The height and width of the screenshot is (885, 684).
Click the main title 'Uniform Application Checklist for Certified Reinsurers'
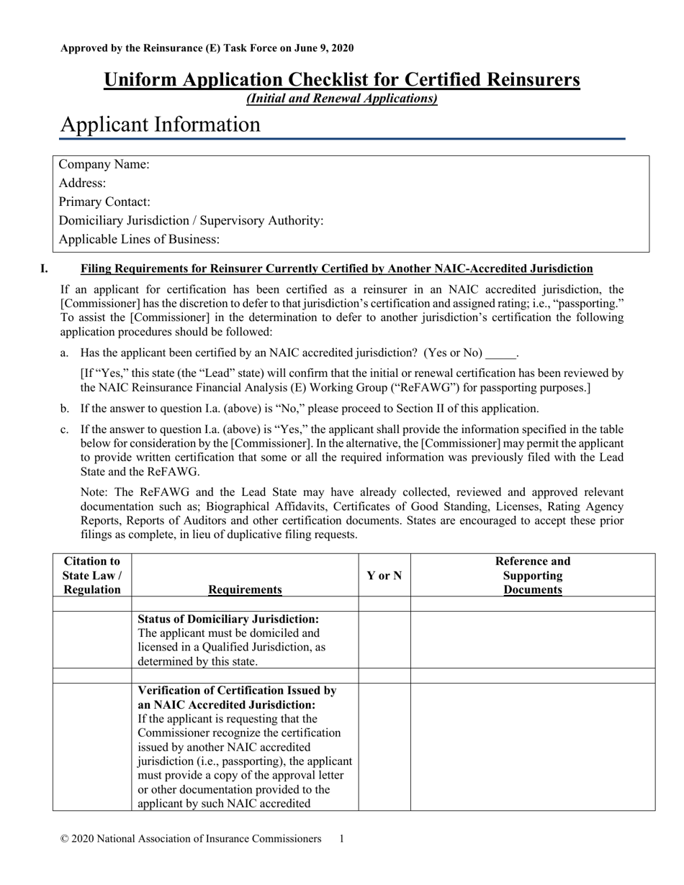pyautogui.click(x=341, y=79)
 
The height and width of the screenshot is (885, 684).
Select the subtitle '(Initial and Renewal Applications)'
pyautogui.click(x=341, y=99)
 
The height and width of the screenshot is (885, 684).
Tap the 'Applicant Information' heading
pyautogui.click(x=160, y=124)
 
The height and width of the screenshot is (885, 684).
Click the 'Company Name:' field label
pyautogui.click(x=104, y=165)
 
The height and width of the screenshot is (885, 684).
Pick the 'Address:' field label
pyautogui.click(x=82, y=183)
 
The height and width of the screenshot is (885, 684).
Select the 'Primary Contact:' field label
pyautogui.click(x=104, y=202)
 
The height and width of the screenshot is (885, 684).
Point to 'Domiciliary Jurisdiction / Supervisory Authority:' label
pyautogui.click(x=191, y=221)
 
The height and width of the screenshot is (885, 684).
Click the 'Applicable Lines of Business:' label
pyautogui.click(x=139, y=240)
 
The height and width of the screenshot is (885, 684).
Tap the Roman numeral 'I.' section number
pyautogui.click(x=45, y=269)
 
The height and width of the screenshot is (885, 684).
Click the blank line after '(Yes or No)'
pyautogui.click(x=501, y=353)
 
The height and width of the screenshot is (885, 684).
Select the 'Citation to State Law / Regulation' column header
pyautogui.click(x=92, y=575)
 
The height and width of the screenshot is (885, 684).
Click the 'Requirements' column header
pyautogui.click(x=245, y=590)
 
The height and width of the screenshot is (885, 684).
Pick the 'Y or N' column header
pyautogui.click(x=384, y=575)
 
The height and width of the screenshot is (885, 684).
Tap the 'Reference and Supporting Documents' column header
pyautogui.click(x=533, y=575)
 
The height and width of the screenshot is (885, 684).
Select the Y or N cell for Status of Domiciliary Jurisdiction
pyautogui.click(x=384, y=640)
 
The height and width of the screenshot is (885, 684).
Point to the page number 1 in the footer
pyautogui.click(x=341, y=839)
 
